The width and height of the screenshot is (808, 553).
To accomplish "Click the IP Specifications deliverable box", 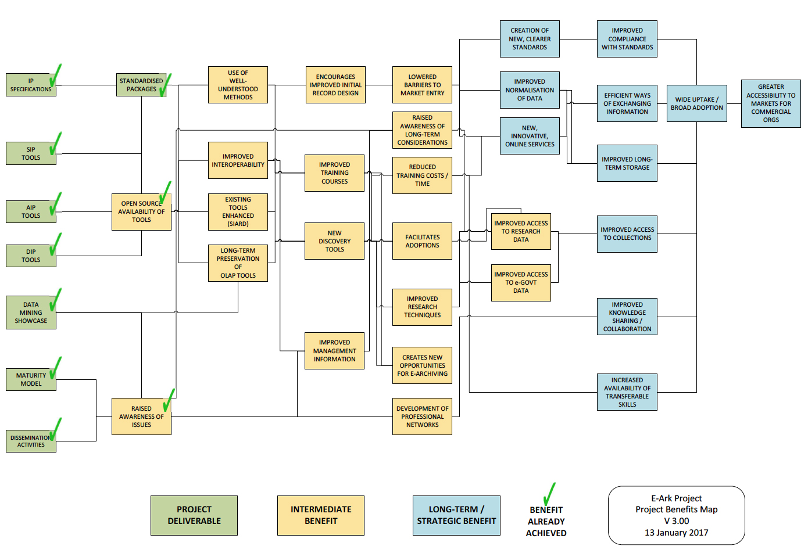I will tap(31, 85).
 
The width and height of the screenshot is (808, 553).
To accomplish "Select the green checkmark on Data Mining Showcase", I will tap(55, 301).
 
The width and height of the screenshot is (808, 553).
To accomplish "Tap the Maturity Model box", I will tap(31, 379).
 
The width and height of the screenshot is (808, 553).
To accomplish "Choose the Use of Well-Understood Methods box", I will tap(238, 85).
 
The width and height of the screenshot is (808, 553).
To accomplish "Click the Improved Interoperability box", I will tap(238, 160).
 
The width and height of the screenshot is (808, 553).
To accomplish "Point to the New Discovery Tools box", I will tap(334, 241).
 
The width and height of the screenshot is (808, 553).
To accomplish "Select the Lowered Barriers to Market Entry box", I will tap(422, 85).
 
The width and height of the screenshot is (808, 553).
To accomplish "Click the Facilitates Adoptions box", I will tap(422, 241).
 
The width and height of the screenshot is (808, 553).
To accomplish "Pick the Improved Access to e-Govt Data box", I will tap(521, 282).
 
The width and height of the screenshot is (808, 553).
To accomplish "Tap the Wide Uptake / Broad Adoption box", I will tap(696, 103).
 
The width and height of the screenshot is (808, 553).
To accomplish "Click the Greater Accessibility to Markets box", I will tap(770, 103).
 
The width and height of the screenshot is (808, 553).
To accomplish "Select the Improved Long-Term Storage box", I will tap(627, 163).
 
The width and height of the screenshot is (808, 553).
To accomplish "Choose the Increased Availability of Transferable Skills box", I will tap(627, 392).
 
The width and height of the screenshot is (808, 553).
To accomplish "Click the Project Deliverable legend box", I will tap(194, 515).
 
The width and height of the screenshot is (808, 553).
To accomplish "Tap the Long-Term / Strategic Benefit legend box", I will tap(456, 515).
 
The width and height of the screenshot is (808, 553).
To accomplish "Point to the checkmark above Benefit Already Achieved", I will tap(548, 494).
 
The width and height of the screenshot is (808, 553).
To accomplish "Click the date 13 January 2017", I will tap(676, 533).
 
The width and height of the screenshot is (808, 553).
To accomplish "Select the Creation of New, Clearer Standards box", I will tap(529, 39).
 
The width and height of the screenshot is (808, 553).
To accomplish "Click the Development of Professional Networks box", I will tap(422, 416).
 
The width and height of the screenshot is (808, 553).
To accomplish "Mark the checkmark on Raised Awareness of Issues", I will tap(168, 401).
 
